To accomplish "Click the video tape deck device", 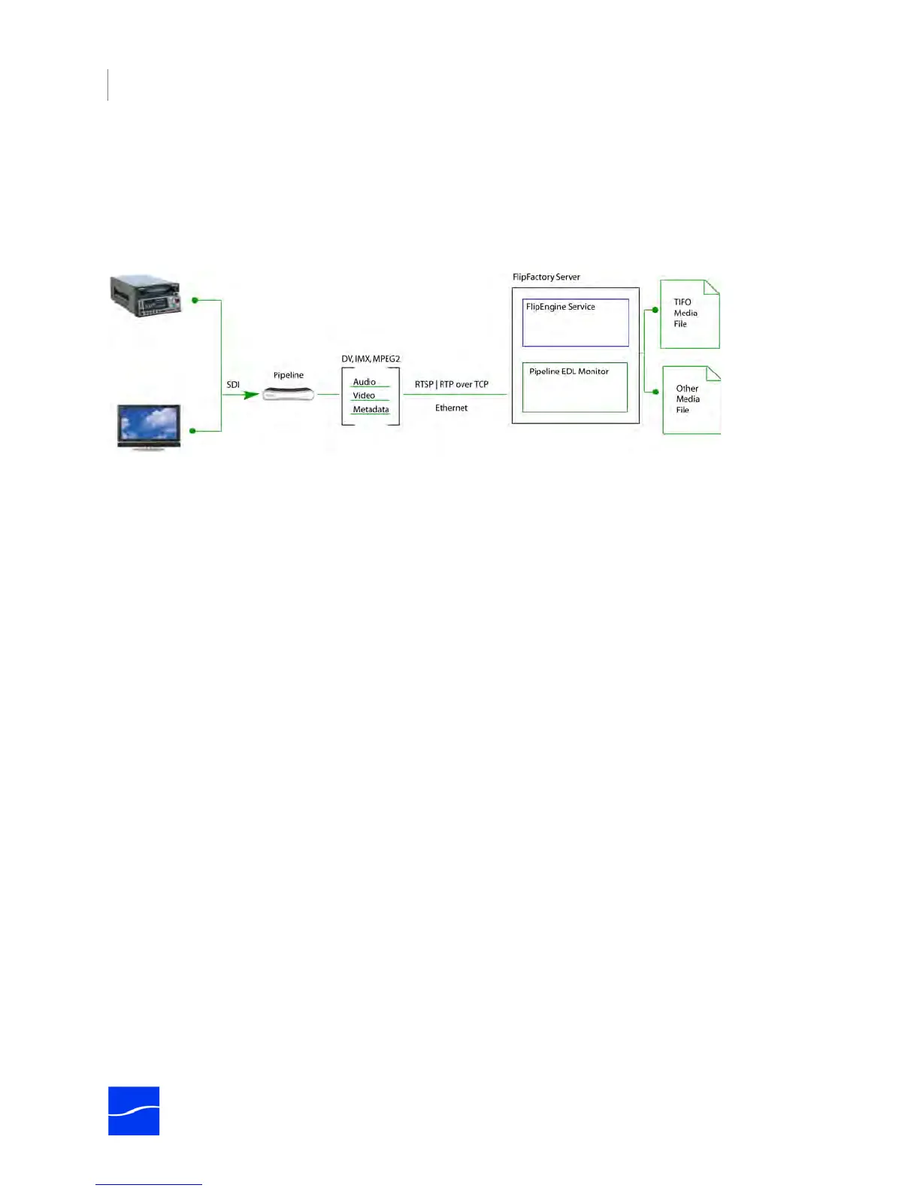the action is coord(147,296).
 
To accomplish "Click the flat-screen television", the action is coord(149,426).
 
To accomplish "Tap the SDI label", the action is coord(233,385).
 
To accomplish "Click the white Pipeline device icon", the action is coord(289,394).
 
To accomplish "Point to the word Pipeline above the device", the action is coord(289,375).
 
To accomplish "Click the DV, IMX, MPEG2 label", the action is coord(371,359).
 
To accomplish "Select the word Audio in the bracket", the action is coord(365,382).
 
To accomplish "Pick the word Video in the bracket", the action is coord(364,395).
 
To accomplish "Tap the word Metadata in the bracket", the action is coord(371,410).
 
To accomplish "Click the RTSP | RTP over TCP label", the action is coord(452,384).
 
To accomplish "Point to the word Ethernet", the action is coord(451,408).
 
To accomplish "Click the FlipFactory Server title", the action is coord(546,277).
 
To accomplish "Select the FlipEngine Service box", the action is coord(576,323).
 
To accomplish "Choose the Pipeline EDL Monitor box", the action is coord(575,387).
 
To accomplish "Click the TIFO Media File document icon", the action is coord(689,314).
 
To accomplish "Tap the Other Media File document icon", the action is coord(692,400).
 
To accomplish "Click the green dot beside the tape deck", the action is coord(195,300).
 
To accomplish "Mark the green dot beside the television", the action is coord(193,431).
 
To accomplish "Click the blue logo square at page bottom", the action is coord(134,1111).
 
